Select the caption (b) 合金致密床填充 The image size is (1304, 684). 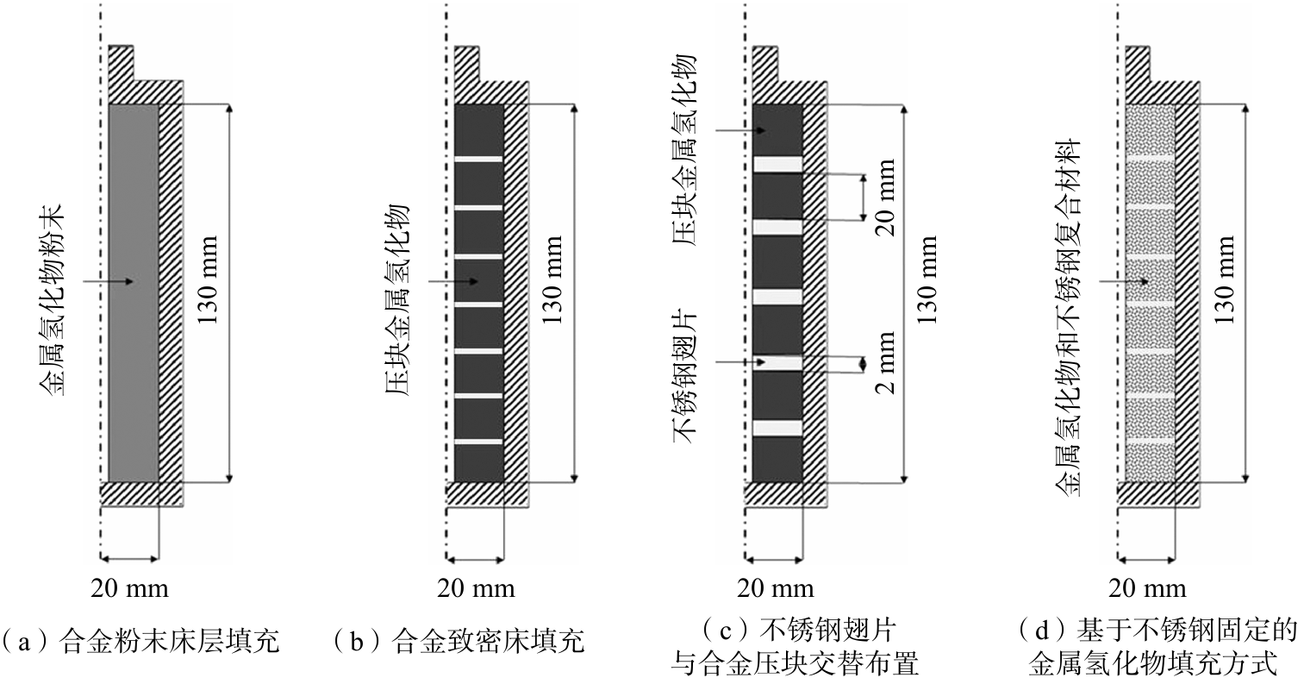click(459, 642)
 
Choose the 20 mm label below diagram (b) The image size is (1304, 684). click(476, 589)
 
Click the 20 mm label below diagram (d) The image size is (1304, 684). click(1147, 589)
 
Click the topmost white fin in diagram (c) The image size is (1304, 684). click(778, 164)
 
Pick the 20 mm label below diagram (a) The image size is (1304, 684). click(129, 589)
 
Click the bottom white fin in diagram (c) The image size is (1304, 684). click(778, 428)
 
